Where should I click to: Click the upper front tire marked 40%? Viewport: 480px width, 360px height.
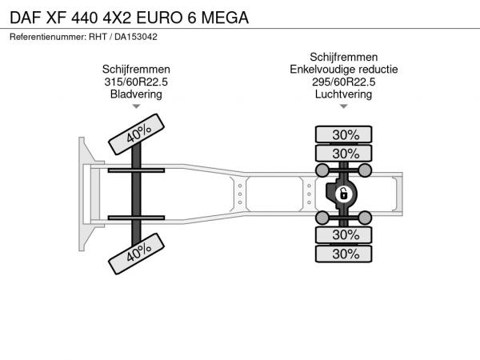[x=136, y=134]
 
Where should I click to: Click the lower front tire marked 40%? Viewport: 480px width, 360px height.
[x=136, y=254]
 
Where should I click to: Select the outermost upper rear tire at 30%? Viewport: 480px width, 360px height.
[x=343, y=134]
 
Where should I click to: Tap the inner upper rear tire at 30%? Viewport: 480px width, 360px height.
[x=343, y=153]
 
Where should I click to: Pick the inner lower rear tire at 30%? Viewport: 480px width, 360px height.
[x=343, y=235]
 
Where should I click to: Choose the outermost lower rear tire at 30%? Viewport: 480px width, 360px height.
[x=343, y=254]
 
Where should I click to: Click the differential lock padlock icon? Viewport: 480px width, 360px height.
[x=343, y=194]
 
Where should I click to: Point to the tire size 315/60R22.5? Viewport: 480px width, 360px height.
[x=136, y=82]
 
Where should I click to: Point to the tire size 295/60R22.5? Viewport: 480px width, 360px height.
[x=343, y=82]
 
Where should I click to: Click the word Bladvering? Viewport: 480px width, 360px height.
[x=136, y=94]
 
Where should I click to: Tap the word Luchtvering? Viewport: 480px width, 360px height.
[x=343, y=94]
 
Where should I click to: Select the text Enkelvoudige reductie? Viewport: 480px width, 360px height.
[x=344, y=70]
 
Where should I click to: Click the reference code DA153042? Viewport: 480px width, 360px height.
[x=136, y=37]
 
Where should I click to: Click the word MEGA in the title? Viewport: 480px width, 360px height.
[x=225, y=18]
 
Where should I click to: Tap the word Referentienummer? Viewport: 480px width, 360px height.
[x=48, y=37]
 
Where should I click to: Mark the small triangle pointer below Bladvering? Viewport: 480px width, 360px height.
[x=136, y=106]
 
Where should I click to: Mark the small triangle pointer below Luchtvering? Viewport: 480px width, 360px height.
[x=344, y=106]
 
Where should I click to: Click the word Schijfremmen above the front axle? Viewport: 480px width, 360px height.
[x=136, y=69]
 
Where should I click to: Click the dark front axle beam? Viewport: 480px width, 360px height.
[x=136, y=194]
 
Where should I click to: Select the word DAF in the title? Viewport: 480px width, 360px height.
[x=26, y=18]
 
